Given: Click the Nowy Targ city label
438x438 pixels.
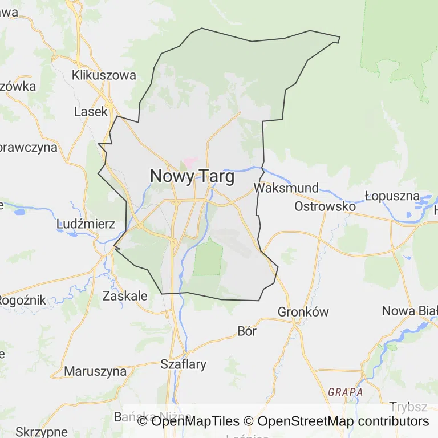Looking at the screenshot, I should [x=192, y=177].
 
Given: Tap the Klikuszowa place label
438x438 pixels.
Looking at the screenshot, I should [x=104, y=75].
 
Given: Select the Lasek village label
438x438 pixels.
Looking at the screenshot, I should [x=91, y=112].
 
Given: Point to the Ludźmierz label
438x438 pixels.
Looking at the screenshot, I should [x=86, y=224].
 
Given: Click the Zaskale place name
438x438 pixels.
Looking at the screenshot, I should [x=124, y=296].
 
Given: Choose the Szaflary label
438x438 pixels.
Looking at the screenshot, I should [x=183, y=364].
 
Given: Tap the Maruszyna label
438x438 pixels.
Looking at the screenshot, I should [x=95, y=371].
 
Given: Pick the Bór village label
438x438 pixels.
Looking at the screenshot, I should [x=247, y=331].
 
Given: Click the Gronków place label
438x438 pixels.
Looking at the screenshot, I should [x=303, y=312].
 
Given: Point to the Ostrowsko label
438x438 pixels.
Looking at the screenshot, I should [x=325, y=206].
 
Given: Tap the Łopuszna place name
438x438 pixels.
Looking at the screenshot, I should [x=392, y=196].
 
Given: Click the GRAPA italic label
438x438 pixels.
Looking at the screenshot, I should [x=345, y=392].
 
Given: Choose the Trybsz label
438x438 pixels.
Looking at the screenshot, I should [x=408, y=407].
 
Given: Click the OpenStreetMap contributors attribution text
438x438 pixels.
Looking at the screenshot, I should [x=343, y=421].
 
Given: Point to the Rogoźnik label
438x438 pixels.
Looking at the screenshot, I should [x=22, y=300].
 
